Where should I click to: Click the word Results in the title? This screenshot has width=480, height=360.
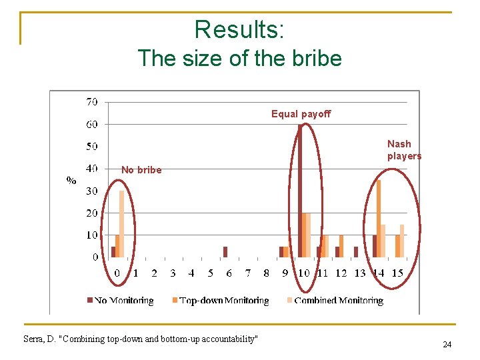(239, 29)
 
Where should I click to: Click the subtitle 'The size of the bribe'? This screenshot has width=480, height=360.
(239, 58)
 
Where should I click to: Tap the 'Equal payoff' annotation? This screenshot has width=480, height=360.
(301, 114)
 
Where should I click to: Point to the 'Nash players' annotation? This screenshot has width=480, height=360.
(404, 150)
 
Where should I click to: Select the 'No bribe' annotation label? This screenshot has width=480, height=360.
(141, 170)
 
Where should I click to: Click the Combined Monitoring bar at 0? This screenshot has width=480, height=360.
(121, 224)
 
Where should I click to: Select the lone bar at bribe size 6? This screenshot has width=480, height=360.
(225, 252)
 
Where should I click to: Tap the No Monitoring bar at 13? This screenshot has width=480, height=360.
(356, 252)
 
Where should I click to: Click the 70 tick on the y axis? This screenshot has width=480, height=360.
(91, 102)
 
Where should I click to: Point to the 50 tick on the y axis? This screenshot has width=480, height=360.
(91, 146)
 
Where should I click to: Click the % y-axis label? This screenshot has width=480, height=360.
(71, 180)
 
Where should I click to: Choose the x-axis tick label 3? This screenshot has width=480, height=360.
(173, 273)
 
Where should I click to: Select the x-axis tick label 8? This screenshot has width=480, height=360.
(266, 273)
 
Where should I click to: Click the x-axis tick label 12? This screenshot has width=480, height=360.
(341, 273)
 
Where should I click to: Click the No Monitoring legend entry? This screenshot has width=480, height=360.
(121, 301)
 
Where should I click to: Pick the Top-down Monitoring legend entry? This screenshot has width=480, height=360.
(219, 301)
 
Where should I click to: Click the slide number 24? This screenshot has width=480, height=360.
(447, 345)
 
